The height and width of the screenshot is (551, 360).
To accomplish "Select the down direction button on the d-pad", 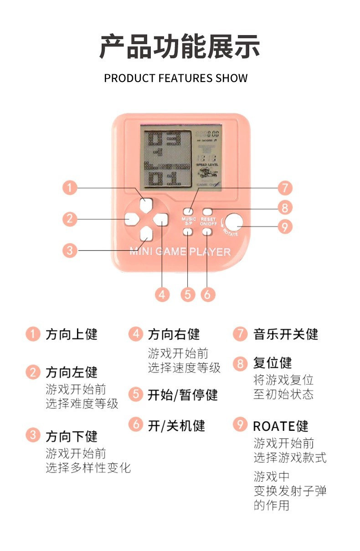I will tap(146, 234).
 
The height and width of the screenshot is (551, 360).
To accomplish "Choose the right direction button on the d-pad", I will tap(160, 219).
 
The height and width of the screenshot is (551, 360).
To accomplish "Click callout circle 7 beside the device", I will tap(284, 188).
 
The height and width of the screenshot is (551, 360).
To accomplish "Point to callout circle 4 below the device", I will tap(162, 294).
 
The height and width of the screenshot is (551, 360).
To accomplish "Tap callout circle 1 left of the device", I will tap(70, 188).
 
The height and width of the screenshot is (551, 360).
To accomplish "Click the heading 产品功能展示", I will tap(180, 46).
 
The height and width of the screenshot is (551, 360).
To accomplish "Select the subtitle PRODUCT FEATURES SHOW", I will tap(176, 78).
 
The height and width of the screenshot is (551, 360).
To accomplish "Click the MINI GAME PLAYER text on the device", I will tap(180, 251).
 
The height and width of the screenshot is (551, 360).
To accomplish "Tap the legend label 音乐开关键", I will tap(285, 334).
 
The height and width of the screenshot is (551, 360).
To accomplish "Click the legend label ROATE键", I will tap(281, 426).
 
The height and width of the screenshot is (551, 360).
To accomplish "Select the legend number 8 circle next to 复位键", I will tap(240, 363).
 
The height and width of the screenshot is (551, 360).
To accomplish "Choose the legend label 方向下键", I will tap(72, 436).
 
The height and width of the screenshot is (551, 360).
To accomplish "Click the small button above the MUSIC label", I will tap(188, 211).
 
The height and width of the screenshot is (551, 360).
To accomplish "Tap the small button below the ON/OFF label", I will tap(207, 231).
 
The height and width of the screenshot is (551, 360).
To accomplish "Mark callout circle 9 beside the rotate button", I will tap(284, 226).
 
